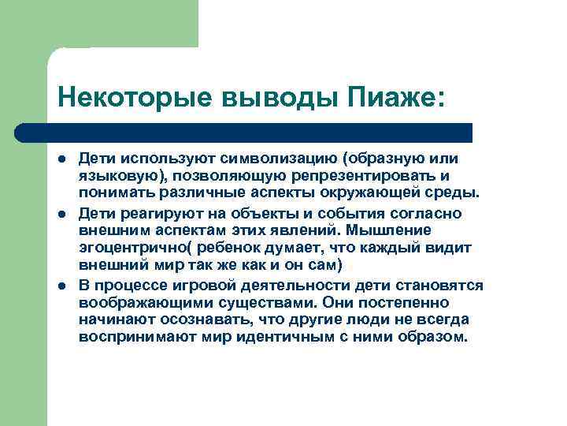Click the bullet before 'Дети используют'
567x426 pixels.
61,160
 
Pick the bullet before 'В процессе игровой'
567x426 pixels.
61,286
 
